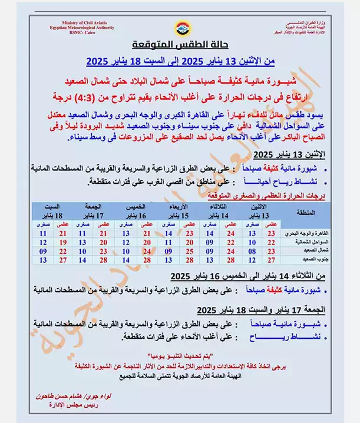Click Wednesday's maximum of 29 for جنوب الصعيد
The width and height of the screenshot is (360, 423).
189,259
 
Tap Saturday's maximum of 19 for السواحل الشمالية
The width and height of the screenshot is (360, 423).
62,242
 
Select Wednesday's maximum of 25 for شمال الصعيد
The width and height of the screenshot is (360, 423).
189,250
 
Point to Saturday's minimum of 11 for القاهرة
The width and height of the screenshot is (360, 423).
42,233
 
